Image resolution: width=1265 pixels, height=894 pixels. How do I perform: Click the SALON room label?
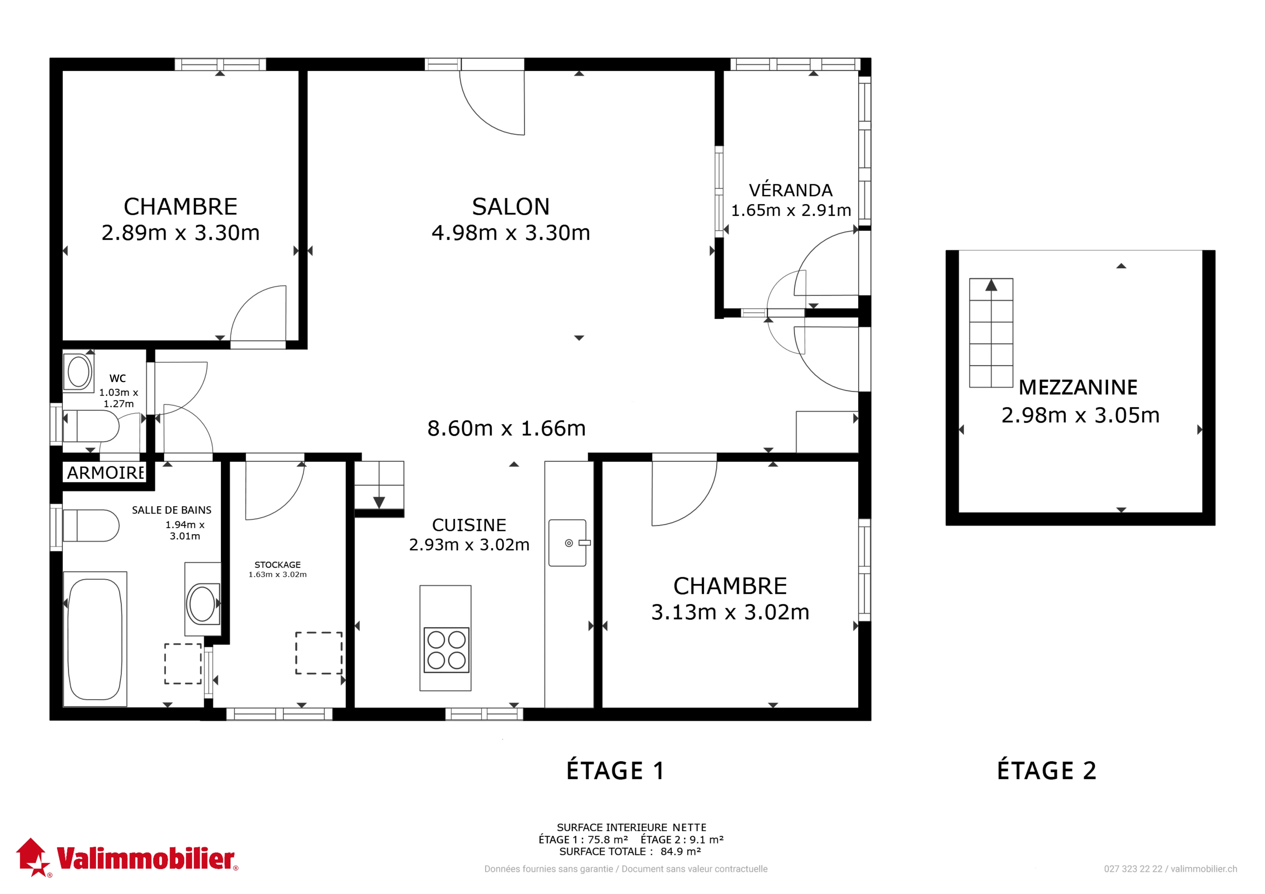(x=511, y=206)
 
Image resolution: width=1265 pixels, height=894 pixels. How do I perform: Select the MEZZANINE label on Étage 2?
(x=1078, y=387)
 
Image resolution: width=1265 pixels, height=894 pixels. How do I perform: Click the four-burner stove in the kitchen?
(x=446, y=650)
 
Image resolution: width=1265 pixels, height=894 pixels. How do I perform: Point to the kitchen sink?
(x=568, y=543)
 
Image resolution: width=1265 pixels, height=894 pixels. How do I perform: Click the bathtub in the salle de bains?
(x=95, y=639)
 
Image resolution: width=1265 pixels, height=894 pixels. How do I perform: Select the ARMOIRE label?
(x=105, y=473)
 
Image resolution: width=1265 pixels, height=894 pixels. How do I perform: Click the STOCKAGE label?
(x=278, y=565)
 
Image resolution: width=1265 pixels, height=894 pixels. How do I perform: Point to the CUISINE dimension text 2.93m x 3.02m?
(x=469, y=545)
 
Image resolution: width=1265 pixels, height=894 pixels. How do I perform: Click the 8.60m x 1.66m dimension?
(x=506, y=428)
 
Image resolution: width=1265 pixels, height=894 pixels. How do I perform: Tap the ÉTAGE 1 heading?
(x=615, y=771)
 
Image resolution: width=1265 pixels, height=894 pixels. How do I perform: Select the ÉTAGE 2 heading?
(x=1047, y=771)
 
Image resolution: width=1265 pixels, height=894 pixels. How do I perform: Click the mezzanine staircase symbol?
(x=991, y=333)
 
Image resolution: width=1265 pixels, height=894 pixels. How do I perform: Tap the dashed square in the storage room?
(x=319, y=653)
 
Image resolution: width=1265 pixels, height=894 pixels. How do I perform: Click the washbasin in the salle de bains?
(x=202, y=604)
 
